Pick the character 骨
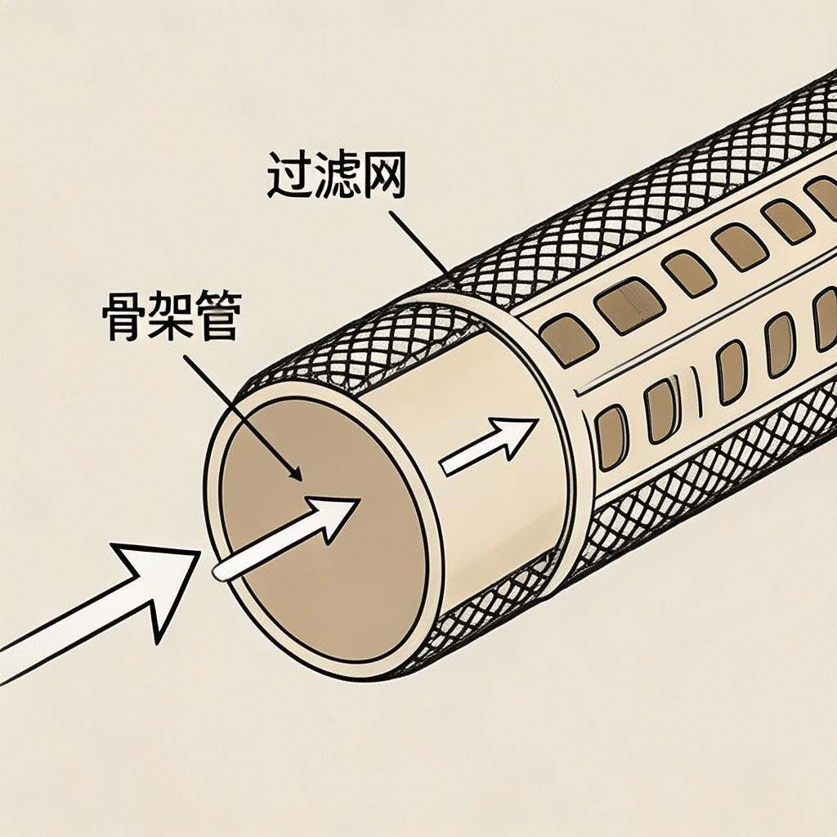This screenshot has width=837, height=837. click(x=123, y=319)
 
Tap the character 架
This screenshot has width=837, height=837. click(x=170, y=319)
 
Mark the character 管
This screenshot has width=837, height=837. click(x=217, y=319)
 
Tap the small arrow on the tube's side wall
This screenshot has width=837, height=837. click(x=490, y=445)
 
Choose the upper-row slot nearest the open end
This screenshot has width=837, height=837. click(x=568, y=338)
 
